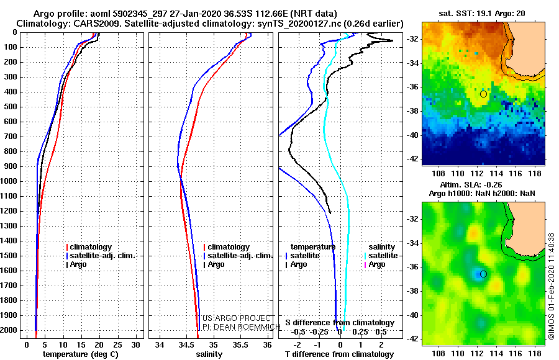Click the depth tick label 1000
click(x=11, y=181)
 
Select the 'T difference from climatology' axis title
click(x=339, y=354)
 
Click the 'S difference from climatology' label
click(x=340, y=323)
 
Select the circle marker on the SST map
click(x=483, y=94)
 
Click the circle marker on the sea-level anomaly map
click(x=483, y=274)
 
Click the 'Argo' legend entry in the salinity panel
click(x=216, y=264)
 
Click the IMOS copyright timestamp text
click(x=552, y=286)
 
